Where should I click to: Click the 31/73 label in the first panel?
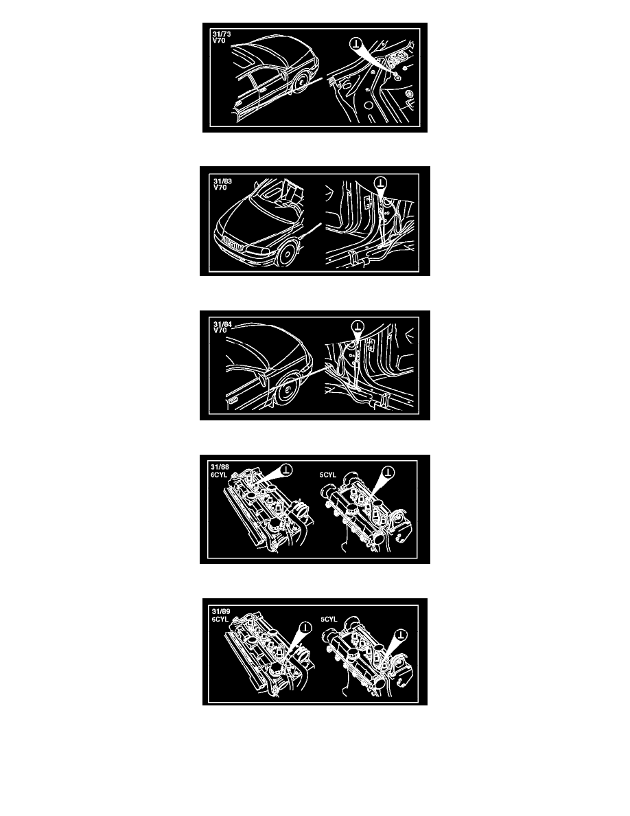point(222,34)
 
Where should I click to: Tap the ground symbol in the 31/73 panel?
point(356,43)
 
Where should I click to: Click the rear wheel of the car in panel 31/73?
point(301,82)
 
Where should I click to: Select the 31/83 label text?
point(222,181)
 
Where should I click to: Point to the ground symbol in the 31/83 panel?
point(381,183)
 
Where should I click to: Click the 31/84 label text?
point(222,325)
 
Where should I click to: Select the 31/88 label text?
point(220,467)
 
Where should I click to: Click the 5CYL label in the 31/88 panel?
point(328,475)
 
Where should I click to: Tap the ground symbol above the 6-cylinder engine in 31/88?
point(286,471)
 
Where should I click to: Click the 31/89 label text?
point(221,612)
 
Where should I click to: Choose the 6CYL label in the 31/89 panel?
point(220,620)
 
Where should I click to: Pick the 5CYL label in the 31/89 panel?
point(329,620)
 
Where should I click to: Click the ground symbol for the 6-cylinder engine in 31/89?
point(305,628)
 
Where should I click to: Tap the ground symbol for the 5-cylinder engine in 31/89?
point(401,635)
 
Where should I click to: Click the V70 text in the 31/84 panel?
point(220,331)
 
